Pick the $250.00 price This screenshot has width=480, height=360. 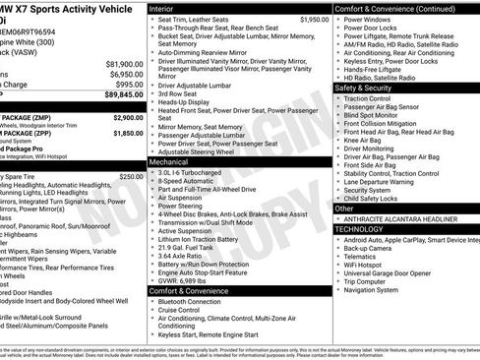click(x=131, y=149)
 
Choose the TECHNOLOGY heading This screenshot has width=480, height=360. click(x=360, y=228)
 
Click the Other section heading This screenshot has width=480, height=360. click(x=344, y=208)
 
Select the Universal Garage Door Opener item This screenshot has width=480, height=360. click(x=397, y=273)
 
